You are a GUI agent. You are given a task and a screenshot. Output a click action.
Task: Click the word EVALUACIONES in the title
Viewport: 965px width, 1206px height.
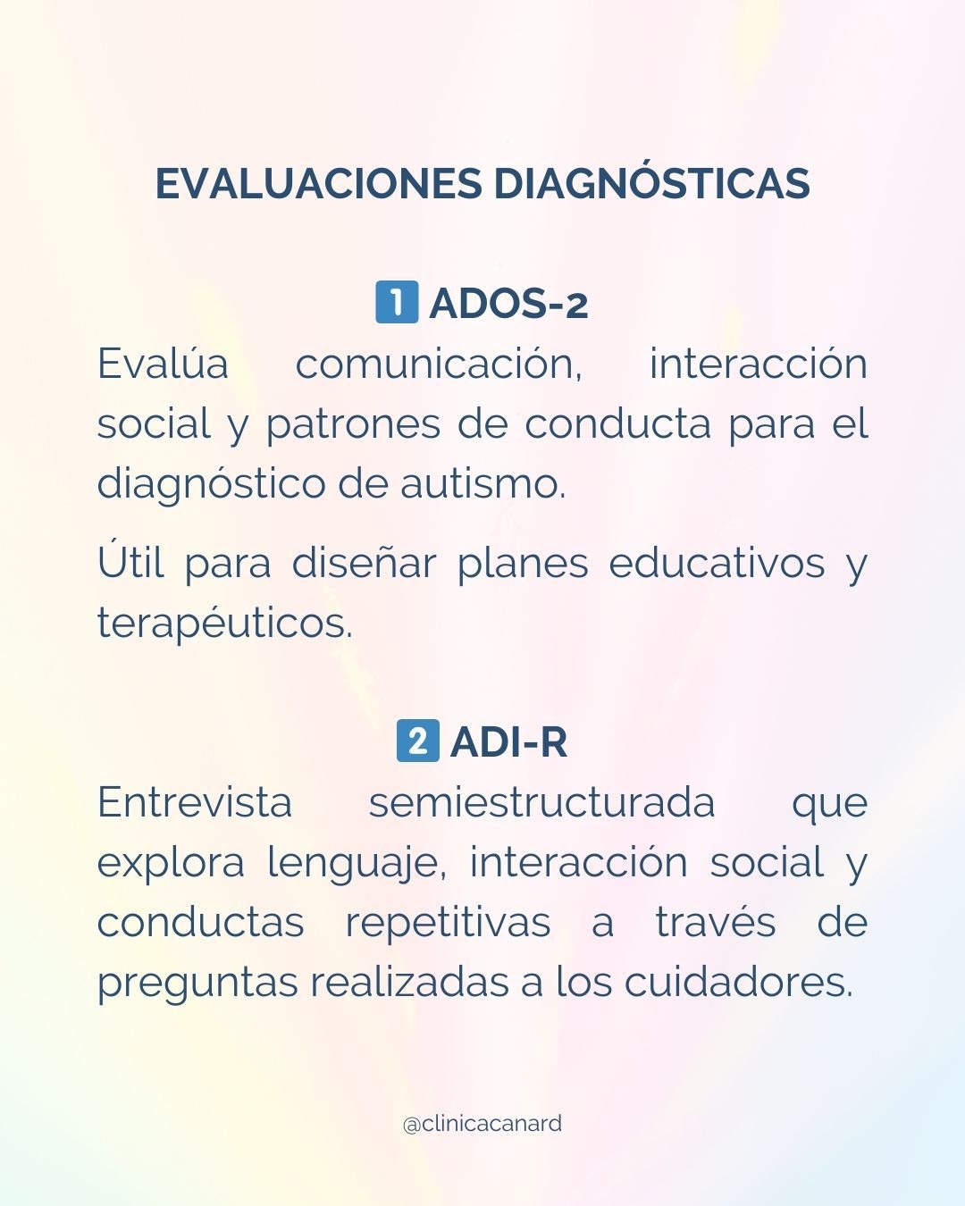319,183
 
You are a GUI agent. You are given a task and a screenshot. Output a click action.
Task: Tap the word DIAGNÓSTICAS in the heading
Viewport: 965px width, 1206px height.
651,183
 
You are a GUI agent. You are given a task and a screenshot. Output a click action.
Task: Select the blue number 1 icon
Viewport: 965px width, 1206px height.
397,302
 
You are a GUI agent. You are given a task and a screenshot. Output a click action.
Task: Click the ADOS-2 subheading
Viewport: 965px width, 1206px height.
508,304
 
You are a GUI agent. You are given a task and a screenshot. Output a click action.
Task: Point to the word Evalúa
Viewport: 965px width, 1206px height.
163,364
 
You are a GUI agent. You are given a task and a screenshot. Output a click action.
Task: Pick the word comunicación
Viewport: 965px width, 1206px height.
439,364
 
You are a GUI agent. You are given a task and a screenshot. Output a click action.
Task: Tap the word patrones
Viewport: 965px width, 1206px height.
352,424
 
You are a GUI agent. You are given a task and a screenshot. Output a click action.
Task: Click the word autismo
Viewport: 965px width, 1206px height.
482,484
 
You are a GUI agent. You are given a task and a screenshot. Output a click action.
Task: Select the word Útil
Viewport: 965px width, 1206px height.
130,564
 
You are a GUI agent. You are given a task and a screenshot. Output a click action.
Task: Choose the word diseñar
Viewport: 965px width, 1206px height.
364,564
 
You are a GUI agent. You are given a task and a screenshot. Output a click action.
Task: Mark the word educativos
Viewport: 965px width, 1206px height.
717,564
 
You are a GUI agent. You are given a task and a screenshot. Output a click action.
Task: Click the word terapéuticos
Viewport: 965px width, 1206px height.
225,624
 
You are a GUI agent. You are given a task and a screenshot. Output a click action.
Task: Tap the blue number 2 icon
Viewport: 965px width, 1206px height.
417,741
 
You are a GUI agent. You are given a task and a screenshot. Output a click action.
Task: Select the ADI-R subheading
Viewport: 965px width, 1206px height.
508,742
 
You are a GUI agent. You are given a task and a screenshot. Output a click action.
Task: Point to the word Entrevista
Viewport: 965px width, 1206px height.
195,802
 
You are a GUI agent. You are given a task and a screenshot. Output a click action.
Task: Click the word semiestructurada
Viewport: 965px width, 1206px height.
541,802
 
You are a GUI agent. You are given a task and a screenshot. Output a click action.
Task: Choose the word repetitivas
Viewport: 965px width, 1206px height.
448,922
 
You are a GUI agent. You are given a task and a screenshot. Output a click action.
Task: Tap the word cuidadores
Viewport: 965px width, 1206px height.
738,982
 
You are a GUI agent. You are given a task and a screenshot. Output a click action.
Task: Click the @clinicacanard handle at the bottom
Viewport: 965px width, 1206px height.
482,1123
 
